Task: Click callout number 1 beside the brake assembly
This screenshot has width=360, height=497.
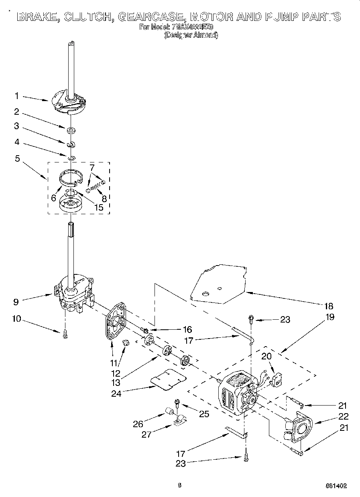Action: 17,96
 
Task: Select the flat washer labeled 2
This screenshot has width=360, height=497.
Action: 71,130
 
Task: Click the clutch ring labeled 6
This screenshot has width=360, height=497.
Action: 71,177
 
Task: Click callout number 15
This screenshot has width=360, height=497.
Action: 98,208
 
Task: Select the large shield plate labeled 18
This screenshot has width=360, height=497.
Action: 219,283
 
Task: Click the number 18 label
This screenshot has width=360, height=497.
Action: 328,306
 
